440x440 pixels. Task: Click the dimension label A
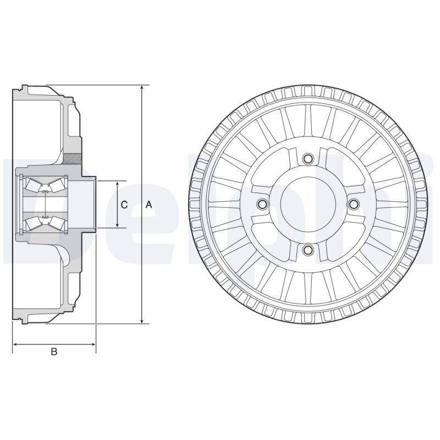pos(148,205)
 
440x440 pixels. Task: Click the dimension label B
pos(54,351)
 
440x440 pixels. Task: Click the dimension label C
pos(124,205)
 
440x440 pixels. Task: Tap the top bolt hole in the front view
pos(308,158)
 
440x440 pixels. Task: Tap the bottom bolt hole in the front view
pos(308,251)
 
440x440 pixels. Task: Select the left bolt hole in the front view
pos(262,205)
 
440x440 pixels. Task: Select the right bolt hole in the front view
pos(354,205)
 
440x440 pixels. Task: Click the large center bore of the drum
pos(308,205)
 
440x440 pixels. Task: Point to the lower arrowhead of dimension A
pos(142,320)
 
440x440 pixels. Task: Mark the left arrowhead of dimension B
pos(15,345)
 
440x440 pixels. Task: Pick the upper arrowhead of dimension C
pos(118,184)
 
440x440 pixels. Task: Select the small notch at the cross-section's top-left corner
pos(21,88)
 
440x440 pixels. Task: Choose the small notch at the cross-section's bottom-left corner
pos(21,321)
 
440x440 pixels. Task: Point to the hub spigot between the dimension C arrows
pos(90,204)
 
